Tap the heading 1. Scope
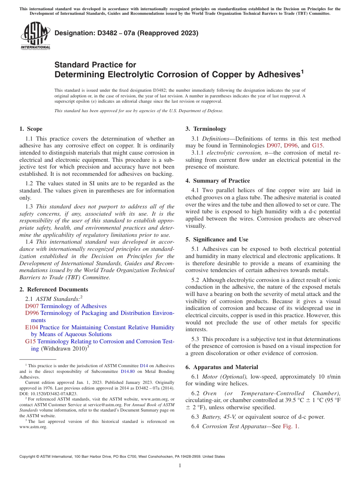click(x=31, y=129)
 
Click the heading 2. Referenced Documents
click(x=53, y=290)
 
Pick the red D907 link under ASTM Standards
click(x=32, y=306)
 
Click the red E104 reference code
click(x=31, y=327)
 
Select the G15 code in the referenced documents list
click(x=30, y=341)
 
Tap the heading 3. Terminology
click(x=206, y=129)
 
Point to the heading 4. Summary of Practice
click(x=218, y=181)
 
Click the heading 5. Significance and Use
click(x=217, y=239)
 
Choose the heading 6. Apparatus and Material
click(x=222, y=367)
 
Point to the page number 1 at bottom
click(x=180, y=466)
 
